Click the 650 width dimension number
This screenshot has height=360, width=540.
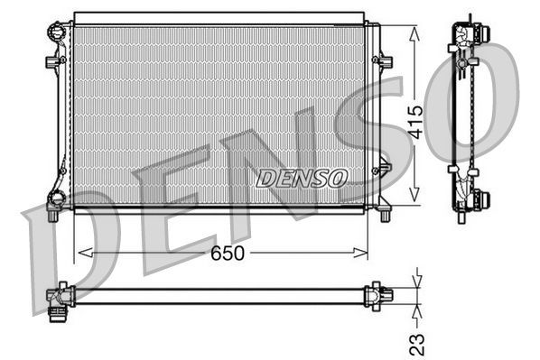pyautogui.click(x=227, y=254)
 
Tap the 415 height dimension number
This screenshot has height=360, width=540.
pyautogui.click(x=415, y=117)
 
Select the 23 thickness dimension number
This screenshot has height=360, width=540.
pyautogui.click(x=416, y=342)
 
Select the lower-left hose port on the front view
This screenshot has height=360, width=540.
pyautogui.click(x=56, y=200)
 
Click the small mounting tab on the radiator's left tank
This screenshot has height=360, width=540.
pyautogui.click(x=51, y=62)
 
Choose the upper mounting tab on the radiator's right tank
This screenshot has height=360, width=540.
pyautogui.click(x=386, y=61)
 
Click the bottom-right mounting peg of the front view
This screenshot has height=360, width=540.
pyautogui.click(x=386, y=213)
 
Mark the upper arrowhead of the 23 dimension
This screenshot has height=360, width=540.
pyautogui.click(x=415, y=281)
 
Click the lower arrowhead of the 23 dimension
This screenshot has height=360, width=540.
pyautogui.click(x=415, y=308)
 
